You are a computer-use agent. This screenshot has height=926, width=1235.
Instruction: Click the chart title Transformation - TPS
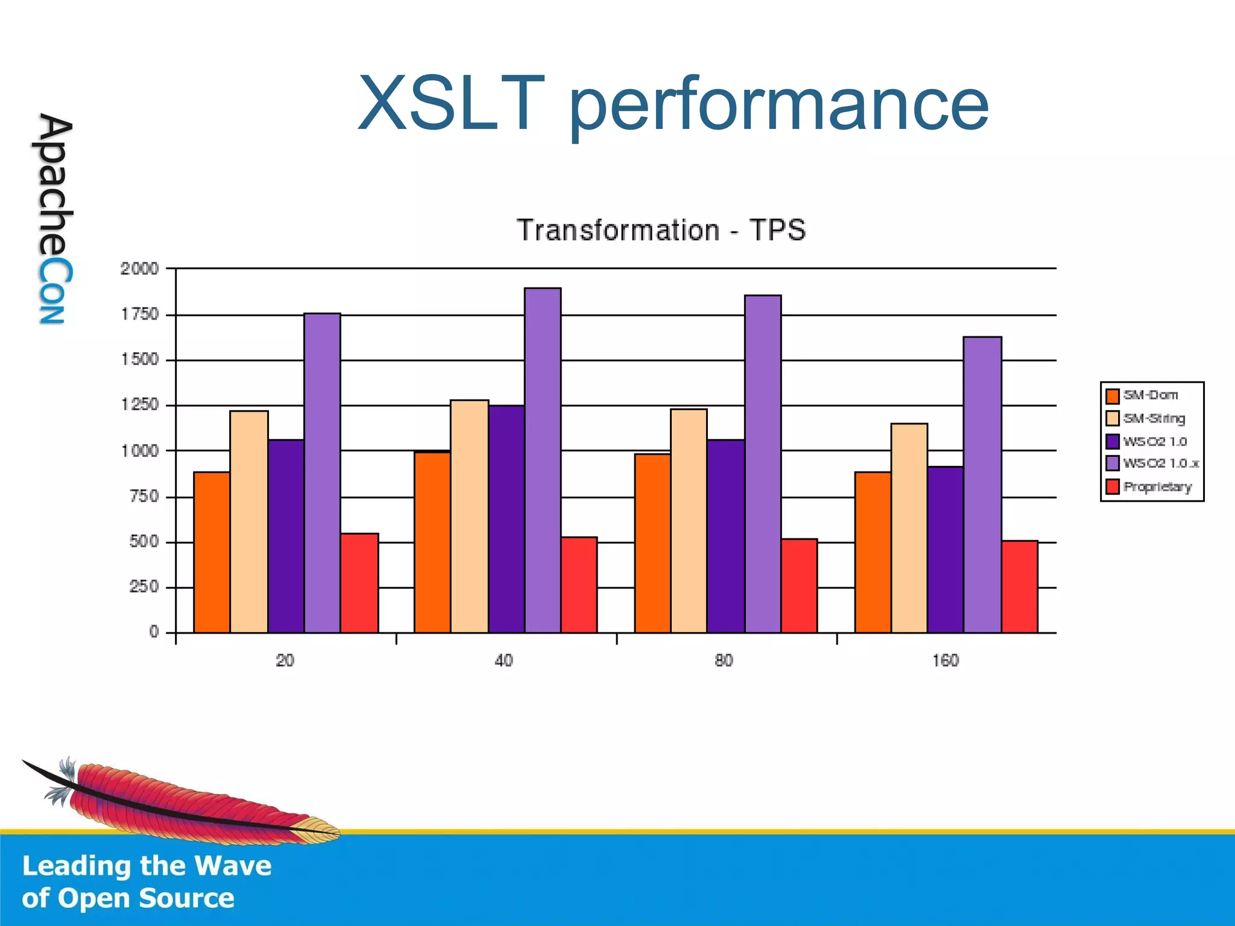coord(661,230)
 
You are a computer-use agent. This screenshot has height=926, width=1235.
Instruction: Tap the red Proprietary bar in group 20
coord(359,583)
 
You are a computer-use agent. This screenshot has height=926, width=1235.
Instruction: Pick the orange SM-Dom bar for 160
coord(873,552)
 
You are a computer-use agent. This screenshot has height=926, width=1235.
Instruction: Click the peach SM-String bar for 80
coord(689,521)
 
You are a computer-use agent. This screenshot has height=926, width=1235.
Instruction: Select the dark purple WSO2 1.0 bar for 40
coord(507,518)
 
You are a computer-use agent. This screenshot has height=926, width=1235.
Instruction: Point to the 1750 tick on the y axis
coord(140,314)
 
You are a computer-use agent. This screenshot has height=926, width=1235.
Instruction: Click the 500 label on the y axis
coord(144,541)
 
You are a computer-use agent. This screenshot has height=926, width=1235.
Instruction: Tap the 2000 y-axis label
coord(139,269)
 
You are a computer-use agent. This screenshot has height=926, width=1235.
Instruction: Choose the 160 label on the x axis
coord(945,661)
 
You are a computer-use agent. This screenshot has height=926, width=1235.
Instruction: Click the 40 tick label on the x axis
coord(504,661)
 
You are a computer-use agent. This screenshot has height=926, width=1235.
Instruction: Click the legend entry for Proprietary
coord(1157,487)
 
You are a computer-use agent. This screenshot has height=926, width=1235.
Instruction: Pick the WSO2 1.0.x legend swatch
coord(1113,464)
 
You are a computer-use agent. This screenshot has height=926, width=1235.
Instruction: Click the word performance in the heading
coord(778,106)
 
